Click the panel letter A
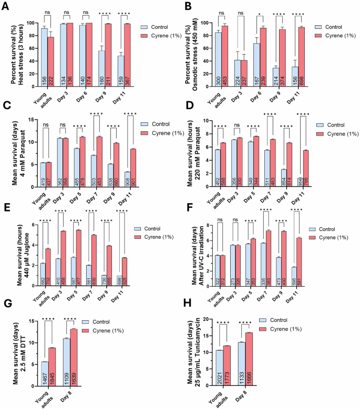[6, 6]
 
